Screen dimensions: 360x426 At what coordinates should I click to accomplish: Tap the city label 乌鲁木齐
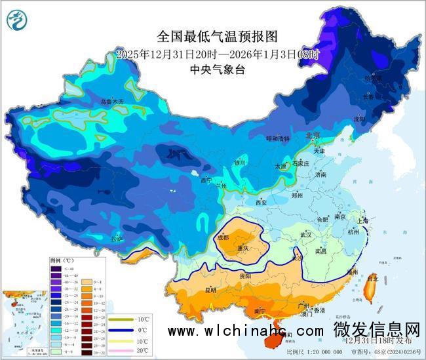111,102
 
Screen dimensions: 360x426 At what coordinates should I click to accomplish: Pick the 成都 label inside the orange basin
223,237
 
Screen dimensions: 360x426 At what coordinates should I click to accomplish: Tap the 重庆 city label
242,249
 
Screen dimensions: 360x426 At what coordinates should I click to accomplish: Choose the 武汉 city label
305,234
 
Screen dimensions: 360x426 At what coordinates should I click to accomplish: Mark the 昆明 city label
210,289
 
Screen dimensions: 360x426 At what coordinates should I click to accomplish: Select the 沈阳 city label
376,119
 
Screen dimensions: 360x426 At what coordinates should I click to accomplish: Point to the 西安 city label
261,203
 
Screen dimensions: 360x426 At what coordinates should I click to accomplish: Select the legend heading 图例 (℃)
63,260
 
